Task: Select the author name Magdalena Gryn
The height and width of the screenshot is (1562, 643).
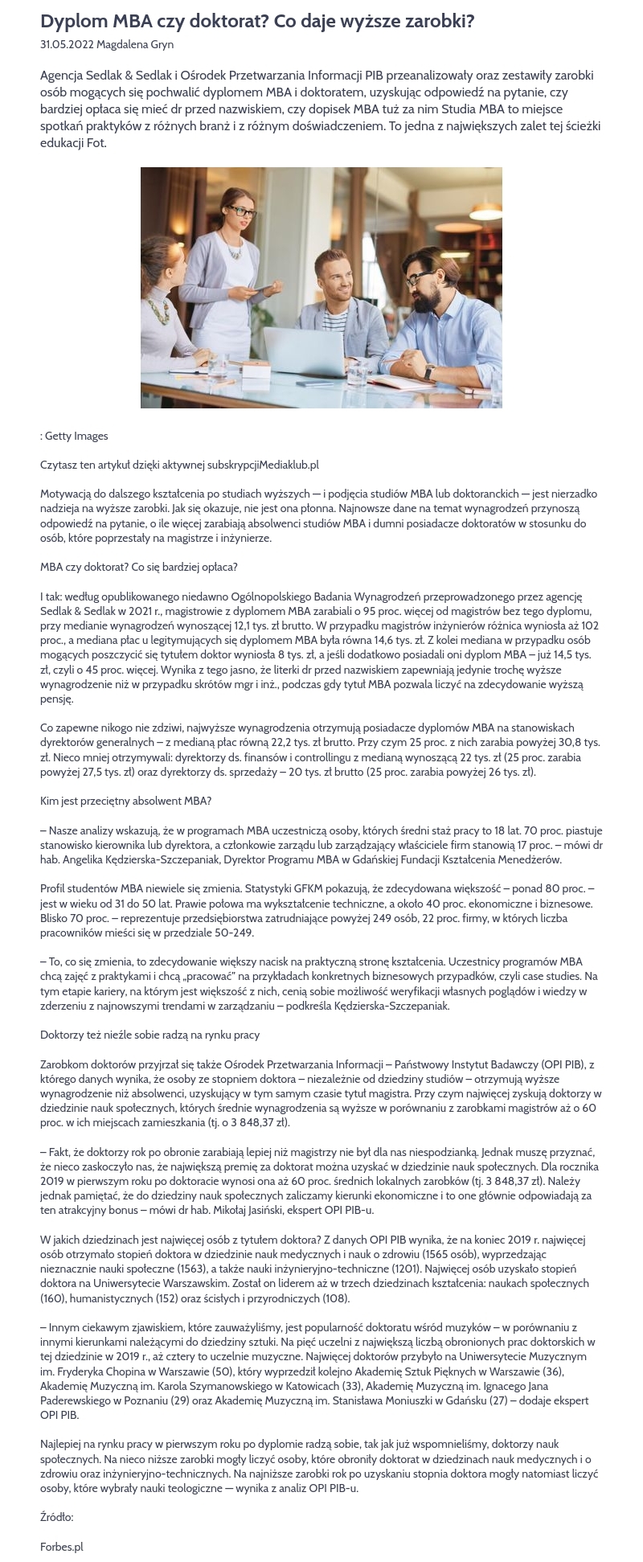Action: coord(135,45)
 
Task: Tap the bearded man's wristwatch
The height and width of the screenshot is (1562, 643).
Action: coord(429,372)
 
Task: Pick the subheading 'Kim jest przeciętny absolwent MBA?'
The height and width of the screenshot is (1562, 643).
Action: coord(125,801)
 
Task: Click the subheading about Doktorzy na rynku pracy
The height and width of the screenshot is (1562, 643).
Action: coord(149,1035)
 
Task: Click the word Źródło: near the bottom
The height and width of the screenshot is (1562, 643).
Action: coord(56,1517)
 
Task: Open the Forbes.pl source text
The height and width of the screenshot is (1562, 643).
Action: coord(62,1546)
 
